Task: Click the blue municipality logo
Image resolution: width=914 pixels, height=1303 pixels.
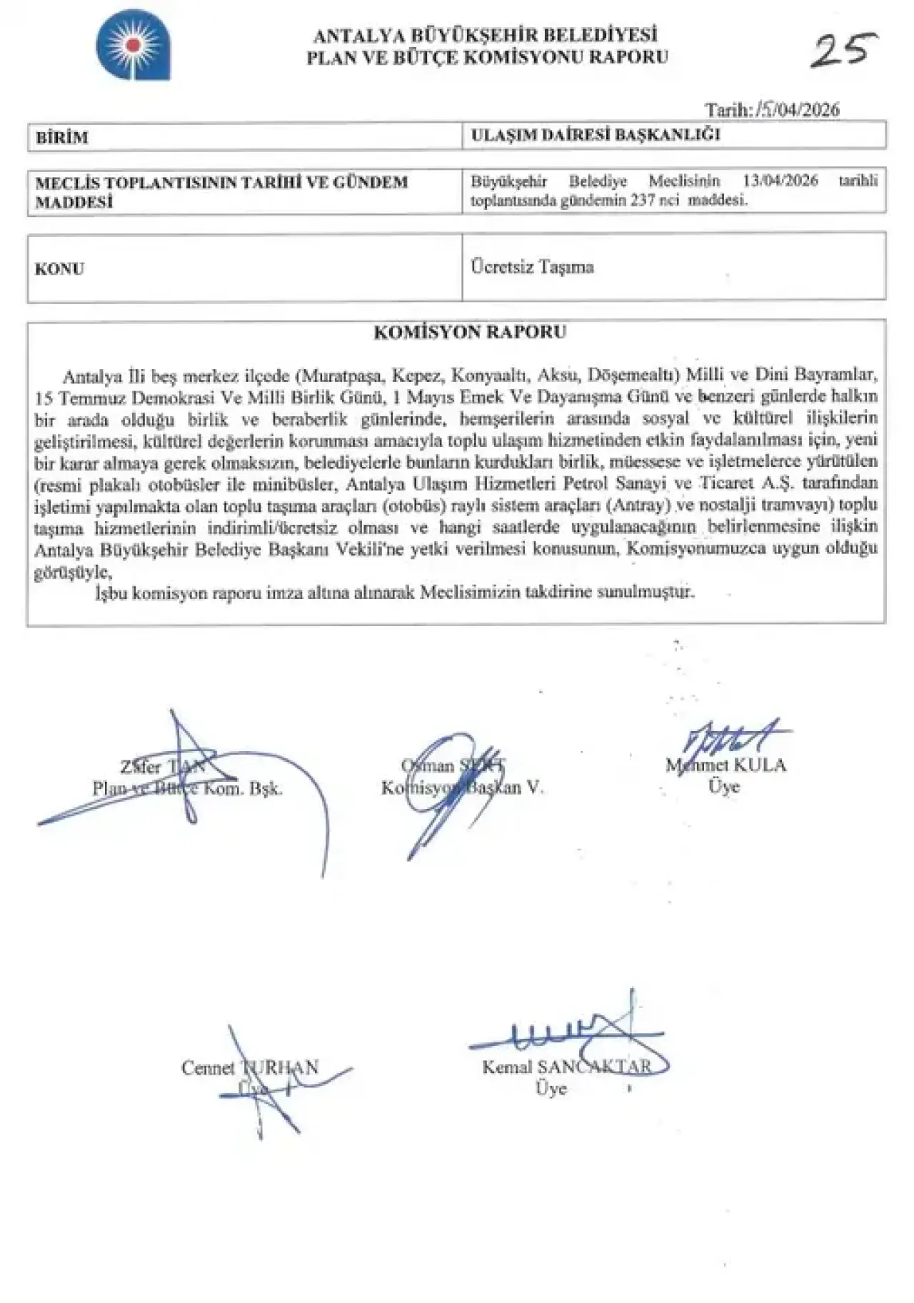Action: (x=134, y=49)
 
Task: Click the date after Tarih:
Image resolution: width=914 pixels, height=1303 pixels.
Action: (x=798, y=110)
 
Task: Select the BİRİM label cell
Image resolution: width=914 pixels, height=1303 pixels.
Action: (x=62, y=137)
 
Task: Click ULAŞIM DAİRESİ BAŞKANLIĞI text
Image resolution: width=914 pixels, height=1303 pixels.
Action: (x=596, y=135)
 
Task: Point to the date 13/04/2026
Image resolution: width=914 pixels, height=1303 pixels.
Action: (x=780, y=181)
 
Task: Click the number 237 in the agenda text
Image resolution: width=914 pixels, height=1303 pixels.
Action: (x=643, y=201)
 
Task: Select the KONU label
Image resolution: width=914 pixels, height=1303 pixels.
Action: (x=59, y=269)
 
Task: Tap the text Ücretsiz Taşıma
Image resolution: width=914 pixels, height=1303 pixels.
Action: (x=532, y=268)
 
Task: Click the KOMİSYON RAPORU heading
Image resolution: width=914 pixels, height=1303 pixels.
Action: (x=470, y=332)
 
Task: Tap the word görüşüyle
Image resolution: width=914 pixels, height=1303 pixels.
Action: (x=74, y=572)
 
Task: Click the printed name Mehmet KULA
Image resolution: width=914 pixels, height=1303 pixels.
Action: (x=725, y=765)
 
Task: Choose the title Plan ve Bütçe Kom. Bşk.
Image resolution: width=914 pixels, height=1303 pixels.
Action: (x=187, y=789)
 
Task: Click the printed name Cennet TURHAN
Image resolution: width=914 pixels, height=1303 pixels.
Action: (x=249, y=1067)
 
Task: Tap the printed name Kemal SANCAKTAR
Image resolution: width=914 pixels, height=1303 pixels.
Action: (x=567, y=1067)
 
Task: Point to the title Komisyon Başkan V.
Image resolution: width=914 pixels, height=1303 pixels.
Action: (x=462, y=788)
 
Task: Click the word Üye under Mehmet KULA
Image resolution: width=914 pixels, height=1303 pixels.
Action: (x=723, y=787)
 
